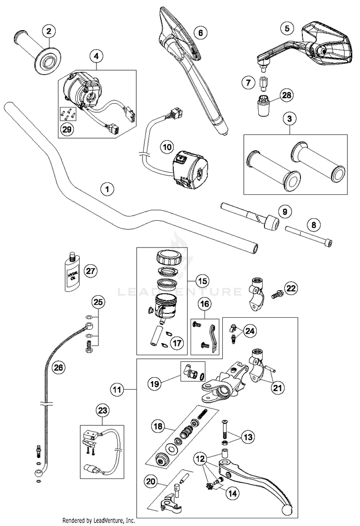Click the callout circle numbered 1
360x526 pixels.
[x=108, y=189]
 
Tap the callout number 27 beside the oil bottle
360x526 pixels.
[x=89, y=271]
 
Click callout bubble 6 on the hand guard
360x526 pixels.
[x=200, y=33]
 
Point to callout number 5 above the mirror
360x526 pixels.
[x=287, y=28]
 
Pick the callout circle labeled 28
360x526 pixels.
[x=287, y=96]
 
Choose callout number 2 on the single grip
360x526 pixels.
[x=48, y=32]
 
